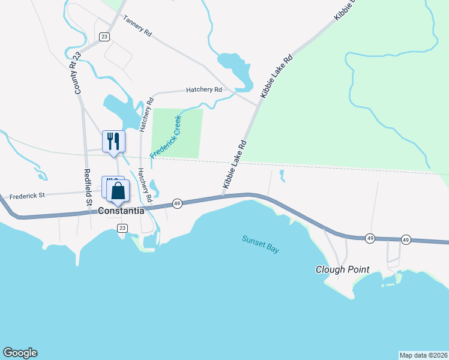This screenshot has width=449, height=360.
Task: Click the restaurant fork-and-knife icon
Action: coord(113,142)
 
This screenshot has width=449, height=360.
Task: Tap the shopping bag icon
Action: coord(118,191)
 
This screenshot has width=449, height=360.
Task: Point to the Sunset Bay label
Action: coord(261,244)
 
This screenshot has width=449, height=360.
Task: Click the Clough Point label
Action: coord(342,269)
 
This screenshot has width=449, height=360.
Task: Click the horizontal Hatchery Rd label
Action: coord(204,89)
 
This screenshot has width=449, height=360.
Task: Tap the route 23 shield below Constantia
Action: coord(122,228)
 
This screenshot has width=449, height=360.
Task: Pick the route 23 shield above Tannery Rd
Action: coord(104,37)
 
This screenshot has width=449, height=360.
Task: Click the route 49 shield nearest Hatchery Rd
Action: coord(177,203)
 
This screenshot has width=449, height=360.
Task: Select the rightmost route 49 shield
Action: coord(406,239)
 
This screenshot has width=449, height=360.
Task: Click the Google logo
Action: coord(20,353)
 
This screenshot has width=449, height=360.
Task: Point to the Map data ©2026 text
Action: coord(423,355)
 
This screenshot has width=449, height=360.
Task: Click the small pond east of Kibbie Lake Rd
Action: coord(282,175)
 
